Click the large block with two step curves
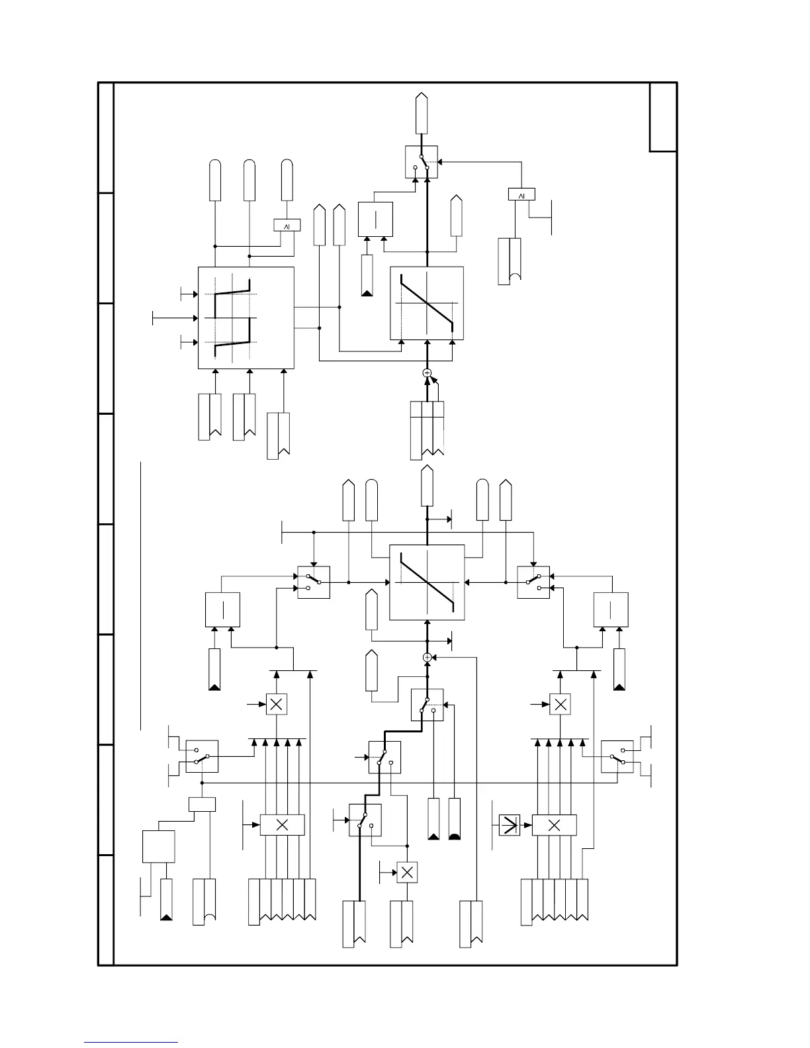point(246,318)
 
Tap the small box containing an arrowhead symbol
point(510,824)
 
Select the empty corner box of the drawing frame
point(663,117)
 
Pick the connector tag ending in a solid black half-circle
point(454,819)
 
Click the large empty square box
point(159,847)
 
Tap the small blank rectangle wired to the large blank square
point(202,805)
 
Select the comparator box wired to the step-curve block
point(287,226)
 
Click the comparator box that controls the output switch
point(521,195)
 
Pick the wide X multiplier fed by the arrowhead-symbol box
point(555,825)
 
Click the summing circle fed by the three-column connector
point(427,373)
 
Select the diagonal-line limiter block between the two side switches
point(427,582)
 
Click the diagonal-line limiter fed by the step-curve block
point(427,303)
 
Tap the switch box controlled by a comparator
point(422,162)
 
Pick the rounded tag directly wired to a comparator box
point(287,180)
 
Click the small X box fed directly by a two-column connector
point(407,873)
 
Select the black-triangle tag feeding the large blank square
point(167,900)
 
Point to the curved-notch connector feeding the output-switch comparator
point(510,261)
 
